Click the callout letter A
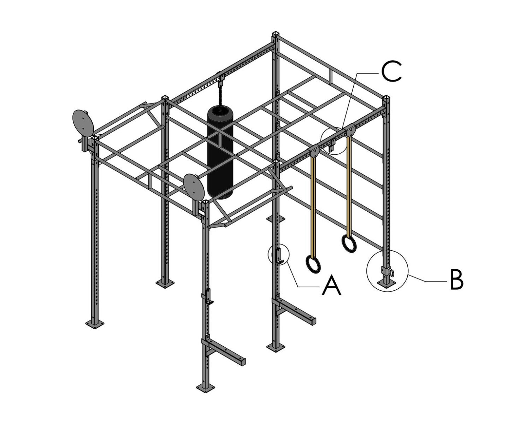coord(331,285)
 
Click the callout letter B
coord(456,280)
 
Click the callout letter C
coord(391,71)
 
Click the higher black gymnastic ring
coord(349,244)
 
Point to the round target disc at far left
coord(83,123)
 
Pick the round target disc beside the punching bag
coord(194,187)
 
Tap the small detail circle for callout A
coord(279,254)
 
